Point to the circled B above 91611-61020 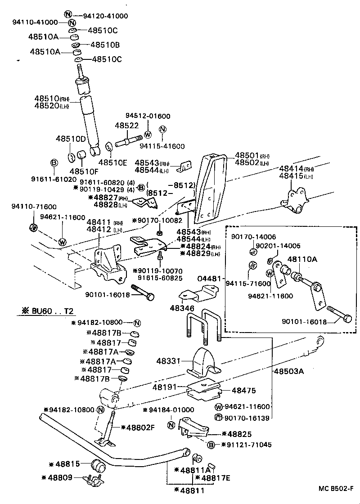(53, 162)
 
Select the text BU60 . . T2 (53, 311)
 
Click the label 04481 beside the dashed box (210, 279)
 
